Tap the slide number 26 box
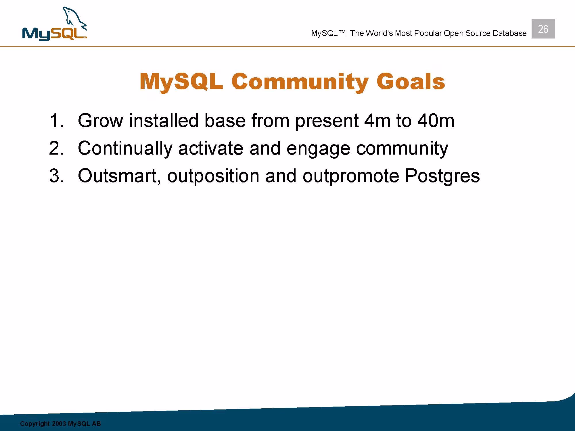(x=543, y=29)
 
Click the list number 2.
(x=56, y=148)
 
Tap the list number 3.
(x=56, y=176)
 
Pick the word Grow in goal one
(x=100, y=120)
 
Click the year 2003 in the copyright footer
(x=59, y=424)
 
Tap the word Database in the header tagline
(x=509, y=33)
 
